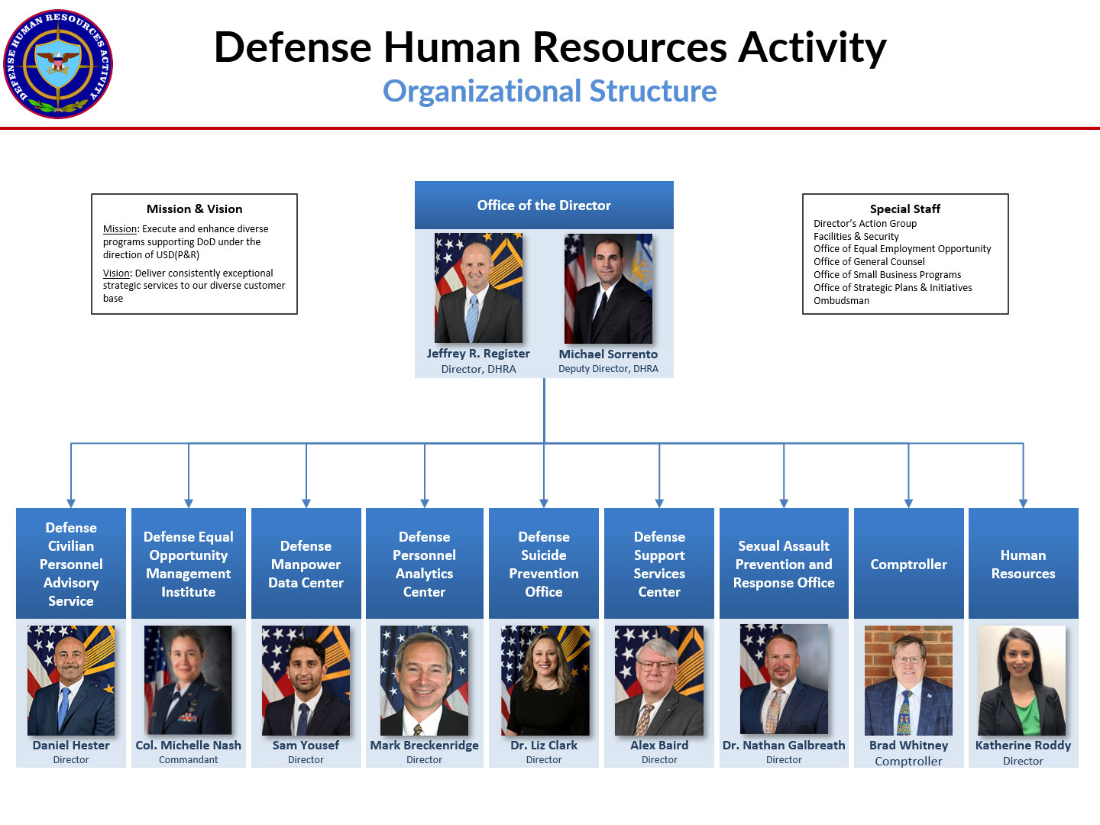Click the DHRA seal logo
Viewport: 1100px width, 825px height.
[x=58, y=64]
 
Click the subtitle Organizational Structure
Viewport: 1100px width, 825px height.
[x=549, y=91]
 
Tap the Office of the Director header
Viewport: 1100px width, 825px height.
[x=544, y=205]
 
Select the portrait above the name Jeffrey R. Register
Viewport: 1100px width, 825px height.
[x=478, y=288]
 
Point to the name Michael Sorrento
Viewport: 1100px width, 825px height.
[x=608, y=354]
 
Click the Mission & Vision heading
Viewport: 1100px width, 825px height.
[x=194, y=209]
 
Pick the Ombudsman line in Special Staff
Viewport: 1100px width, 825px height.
[x=841, y=301]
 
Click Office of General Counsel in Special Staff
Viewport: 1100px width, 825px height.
[x=869, y=262]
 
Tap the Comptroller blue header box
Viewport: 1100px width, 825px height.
[x=908, y=564]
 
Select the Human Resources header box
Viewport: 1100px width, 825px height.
[x=1023, y=564]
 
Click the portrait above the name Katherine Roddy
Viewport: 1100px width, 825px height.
[x=1022, y=681]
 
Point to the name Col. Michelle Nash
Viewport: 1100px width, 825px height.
[x=189, y=746]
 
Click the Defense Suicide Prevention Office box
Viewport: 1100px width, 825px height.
[x=544, y=564]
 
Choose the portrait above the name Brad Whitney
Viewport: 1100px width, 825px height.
[x=908, y=681]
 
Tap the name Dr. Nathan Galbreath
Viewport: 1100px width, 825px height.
[x=784, y=746]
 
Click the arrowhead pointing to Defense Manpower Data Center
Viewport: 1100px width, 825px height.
[x=306, y=503]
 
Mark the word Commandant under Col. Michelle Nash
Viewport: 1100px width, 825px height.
[x=189, y=760]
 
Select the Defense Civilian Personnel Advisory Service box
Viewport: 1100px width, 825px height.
[x=71, y=564]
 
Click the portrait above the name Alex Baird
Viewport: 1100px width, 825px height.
[x=659, y=681]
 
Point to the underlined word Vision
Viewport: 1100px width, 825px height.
[x=117, y=273]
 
